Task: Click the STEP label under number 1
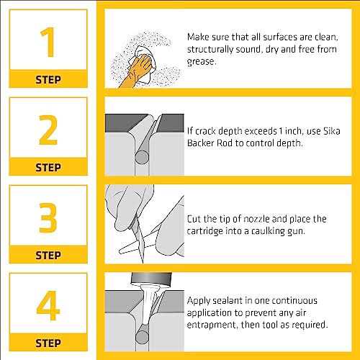pos(48,79)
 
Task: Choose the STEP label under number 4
pos(48,343)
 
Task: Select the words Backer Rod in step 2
pos(215,143)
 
